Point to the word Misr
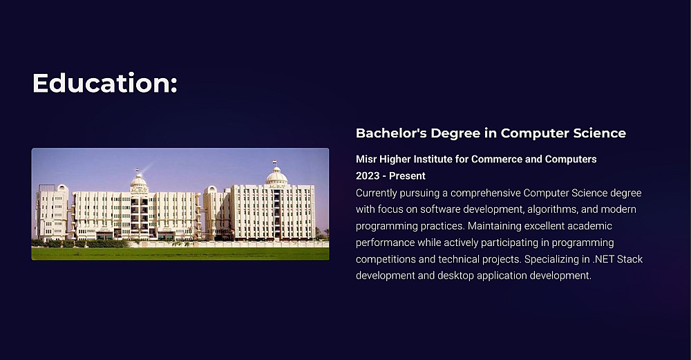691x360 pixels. (x=366, y=159)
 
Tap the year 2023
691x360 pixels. (x=368, y=176)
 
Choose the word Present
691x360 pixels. (x=407, y=176)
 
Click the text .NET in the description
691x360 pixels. (x=603, y=259)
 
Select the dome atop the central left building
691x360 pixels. (x=138, y=180)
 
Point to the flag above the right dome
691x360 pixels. (x=274, y=162)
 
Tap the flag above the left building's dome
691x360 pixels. (x=137, y=170)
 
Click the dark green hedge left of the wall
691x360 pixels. (x=80, y=243)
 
